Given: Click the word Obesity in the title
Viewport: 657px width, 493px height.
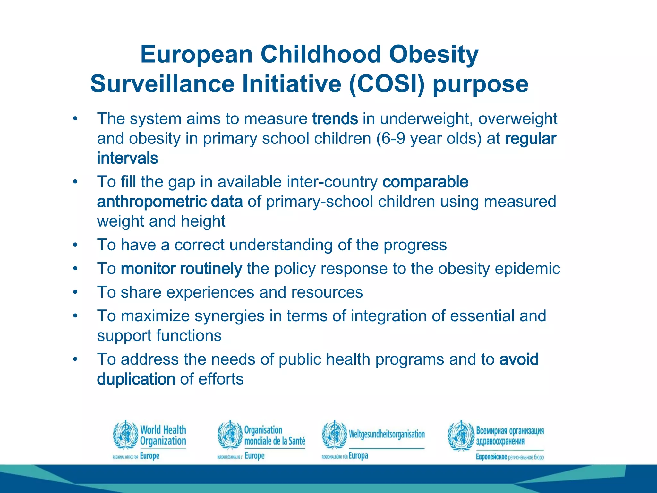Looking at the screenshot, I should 434,55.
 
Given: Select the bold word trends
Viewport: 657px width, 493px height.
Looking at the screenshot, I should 335,119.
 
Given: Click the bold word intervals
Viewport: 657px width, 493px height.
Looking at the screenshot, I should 127,158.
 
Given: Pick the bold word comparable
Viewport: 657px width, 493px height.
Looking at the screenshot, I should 425,182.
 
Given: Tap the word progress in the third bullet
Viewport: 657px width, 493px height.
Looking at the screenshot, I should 415,245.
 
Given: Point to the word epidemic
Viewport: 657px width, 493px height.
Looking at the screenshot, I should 527,269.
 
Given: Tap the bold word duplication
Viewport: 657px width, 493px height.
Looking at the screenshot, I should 136,379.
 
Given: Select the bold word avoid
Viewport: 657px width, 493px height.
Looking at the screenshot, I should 519,359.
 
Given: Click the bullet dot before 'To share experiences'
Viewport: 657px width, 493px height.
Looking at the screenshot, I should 75,292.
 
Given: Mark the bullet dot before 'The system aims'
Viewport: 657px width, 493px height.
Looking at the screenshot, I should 75,119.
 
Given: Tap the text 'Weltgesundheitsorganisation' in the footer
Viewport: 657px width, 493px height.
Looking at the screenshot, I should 387,434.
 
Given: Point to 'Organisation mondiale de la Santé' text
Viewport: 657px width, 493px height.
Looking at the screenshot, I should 275,435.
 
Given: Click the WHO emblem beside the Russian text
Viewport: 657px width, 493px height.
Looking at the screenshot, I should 461,435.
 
